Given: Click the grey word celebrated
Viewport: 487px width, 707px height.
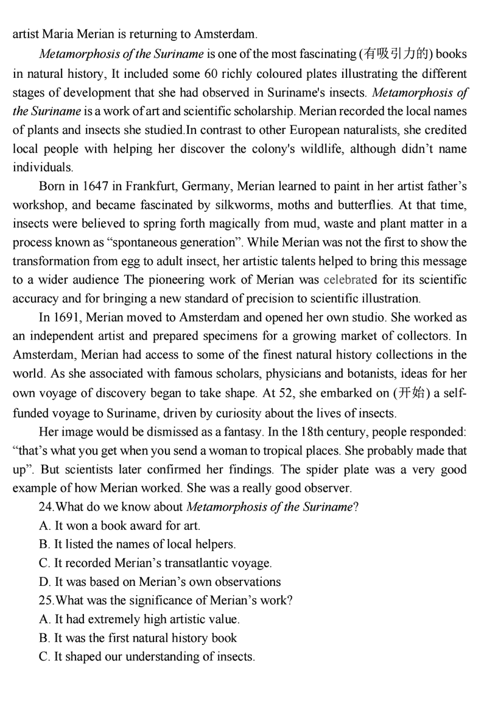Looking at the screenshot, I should tap(351, 280).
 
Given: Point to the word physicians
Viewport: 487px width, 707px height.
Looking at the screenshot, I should tap(303, 375).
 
